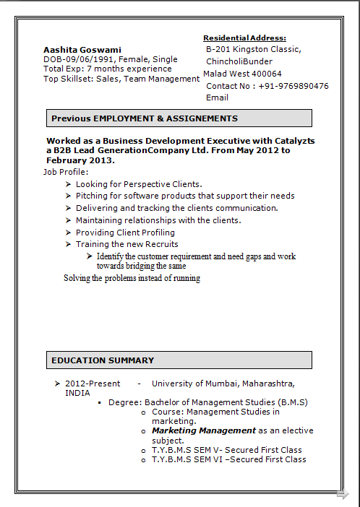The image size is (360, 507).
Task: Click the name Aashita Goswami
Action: pos(82,50)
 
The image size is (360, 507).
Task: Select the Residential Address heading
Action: pos(244,38)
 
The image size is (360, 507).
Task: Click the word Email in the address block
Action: pos(217,97)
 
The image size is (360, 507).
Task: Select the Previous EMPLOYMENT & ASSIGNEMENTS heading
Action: pos(145,118)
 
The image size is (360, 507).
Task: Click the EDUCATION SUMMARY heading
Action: pos(103,360)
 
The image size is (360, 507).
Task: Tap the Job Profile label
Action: pos(66,172)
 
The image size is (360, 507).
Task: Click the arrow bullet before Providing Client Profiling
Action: pos(68,233)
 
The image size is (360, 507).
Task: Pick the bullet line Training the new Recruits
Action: pos(127,245)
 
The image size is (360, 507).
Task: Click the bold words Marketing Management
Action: pos(204,430)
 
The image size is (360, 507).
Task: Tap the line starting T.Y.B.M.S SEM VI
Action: pos(228,459)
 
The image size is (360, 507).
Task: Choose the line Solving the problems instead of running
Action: pos(132,278)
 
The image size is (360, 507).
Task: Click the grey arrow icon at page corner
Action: pos(343,494)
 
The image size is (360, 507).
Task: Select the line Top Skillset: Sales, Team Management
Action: pos(121,79)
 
